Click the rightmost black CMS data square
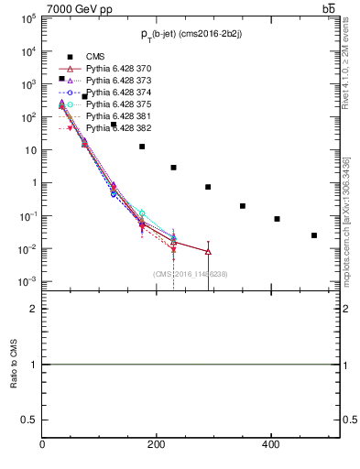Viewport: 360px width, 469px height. [314, 235]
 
